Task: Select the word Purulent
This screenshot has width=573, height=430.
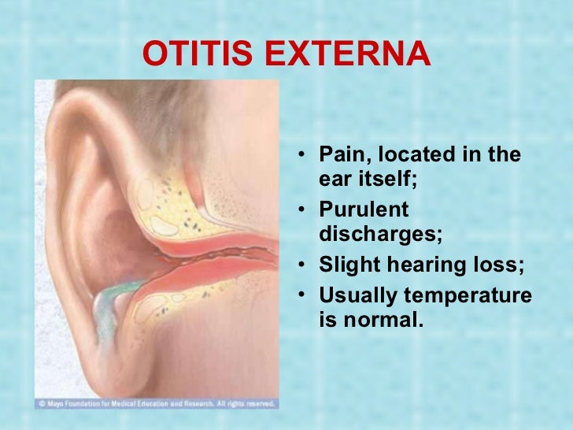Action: (x=364, y=210)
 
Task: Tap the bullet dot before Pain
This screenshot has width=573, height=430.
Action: (x=304, y=155)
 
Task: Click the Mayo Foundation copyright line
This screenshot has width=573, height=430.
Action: (x=156, y=404)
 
